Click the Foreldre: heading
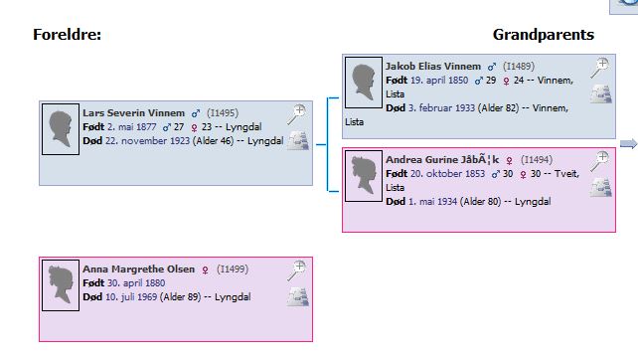pos(68,35)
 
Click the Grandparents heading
pos(544,35)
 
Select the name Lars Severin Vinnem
pos(133,112)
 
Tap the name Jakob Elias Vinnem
pos(433,66)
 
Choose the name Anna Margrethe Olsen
pos(139,270)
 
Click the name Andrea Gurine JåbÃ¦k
pos(442,160)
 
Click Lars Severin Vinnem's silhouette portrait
pos(61,129)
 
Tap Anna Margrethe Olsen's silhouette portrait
pos(61,285)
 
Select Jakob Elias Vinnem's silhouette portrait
pos(364,83)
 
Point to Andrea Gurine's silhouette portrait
pos(364,176)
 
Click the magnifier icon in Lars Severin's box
pos(296,114)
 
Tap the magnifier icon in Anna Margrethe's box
pos(296,271)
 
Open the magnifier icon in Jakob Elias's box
pos(600,68)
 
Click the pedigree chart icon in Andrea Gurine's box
pos(601,187)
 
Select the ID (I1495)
pos(223,112)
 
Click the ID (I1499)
pos(233,270)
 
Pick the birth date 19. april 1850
pos(439,81)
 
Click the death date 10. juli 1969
pos(131,297)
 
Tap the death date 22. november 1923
pos(147,141)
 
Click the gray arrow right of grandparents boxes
pos(629,144)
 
